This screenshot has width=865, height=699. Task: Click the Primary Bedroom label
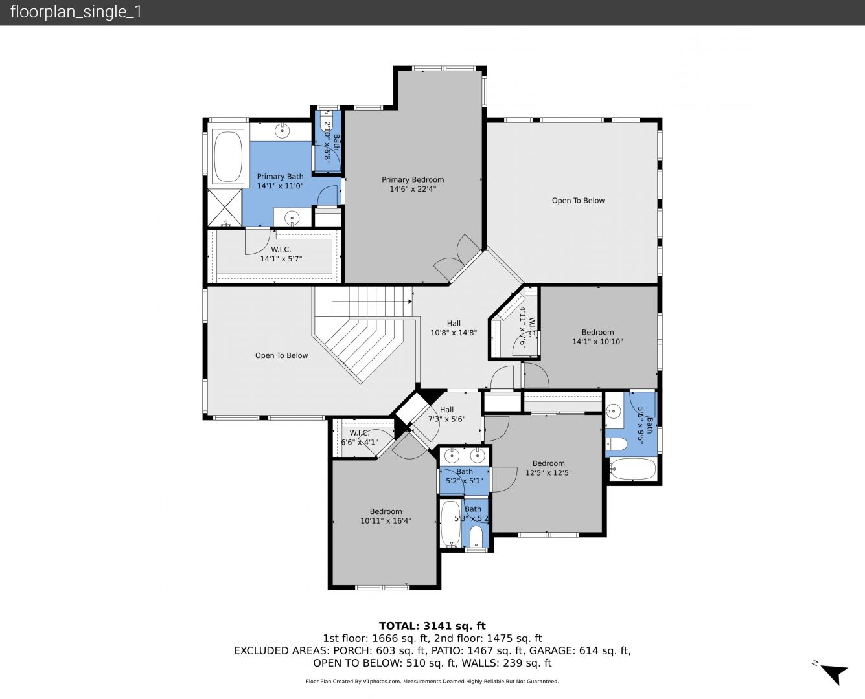(413, 184)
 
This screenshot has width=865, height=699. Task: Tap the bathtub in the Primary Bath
(228, 157)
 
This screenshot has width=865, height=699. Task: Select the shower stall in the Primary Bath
(225, 207)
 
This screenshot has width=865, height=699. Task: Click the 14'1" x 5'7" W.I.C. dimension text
(281, 259)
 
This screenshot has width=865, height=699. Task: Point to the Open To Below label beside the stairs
(281, 355)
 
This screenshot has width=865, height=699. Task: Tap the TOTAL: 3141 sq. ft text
(432, 626)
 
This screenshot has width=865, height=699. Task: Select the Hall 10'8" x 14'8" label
(454, 327)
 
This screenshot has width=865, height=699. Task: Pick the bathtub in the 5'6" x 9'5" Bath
(632, 469)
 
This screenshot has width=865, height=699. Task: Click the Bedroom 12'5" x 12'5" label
(549, 468)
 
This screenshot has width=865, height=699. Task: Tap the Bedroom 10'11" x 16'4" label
(386, 516)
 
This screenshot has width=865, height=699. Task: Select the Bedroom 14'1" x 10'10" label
(597, 337)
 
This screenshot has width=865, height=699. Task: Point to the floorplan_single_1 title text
(76, 12)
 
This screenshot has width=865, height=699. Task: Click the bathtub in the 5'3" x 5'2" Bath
(450, 524)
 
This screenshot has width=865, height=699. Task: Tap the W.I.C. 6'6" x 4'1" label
(360, 438)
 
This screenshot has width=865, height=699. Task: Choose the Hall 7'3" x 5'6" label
(446, 414)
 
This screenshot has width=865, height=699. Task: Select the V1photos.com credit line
(432, 681)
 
